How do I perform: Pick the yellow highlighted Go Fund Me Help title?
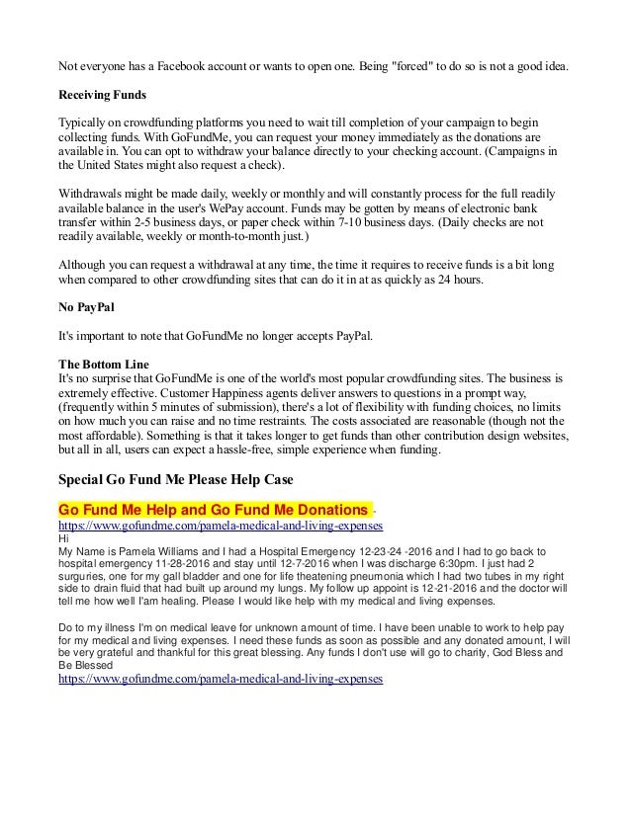(214, 508)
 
